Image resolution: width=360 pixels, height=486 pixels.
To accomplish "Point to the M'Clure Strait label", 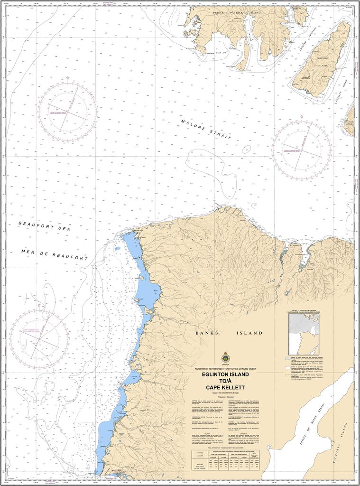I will click(x=206, y=129).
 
